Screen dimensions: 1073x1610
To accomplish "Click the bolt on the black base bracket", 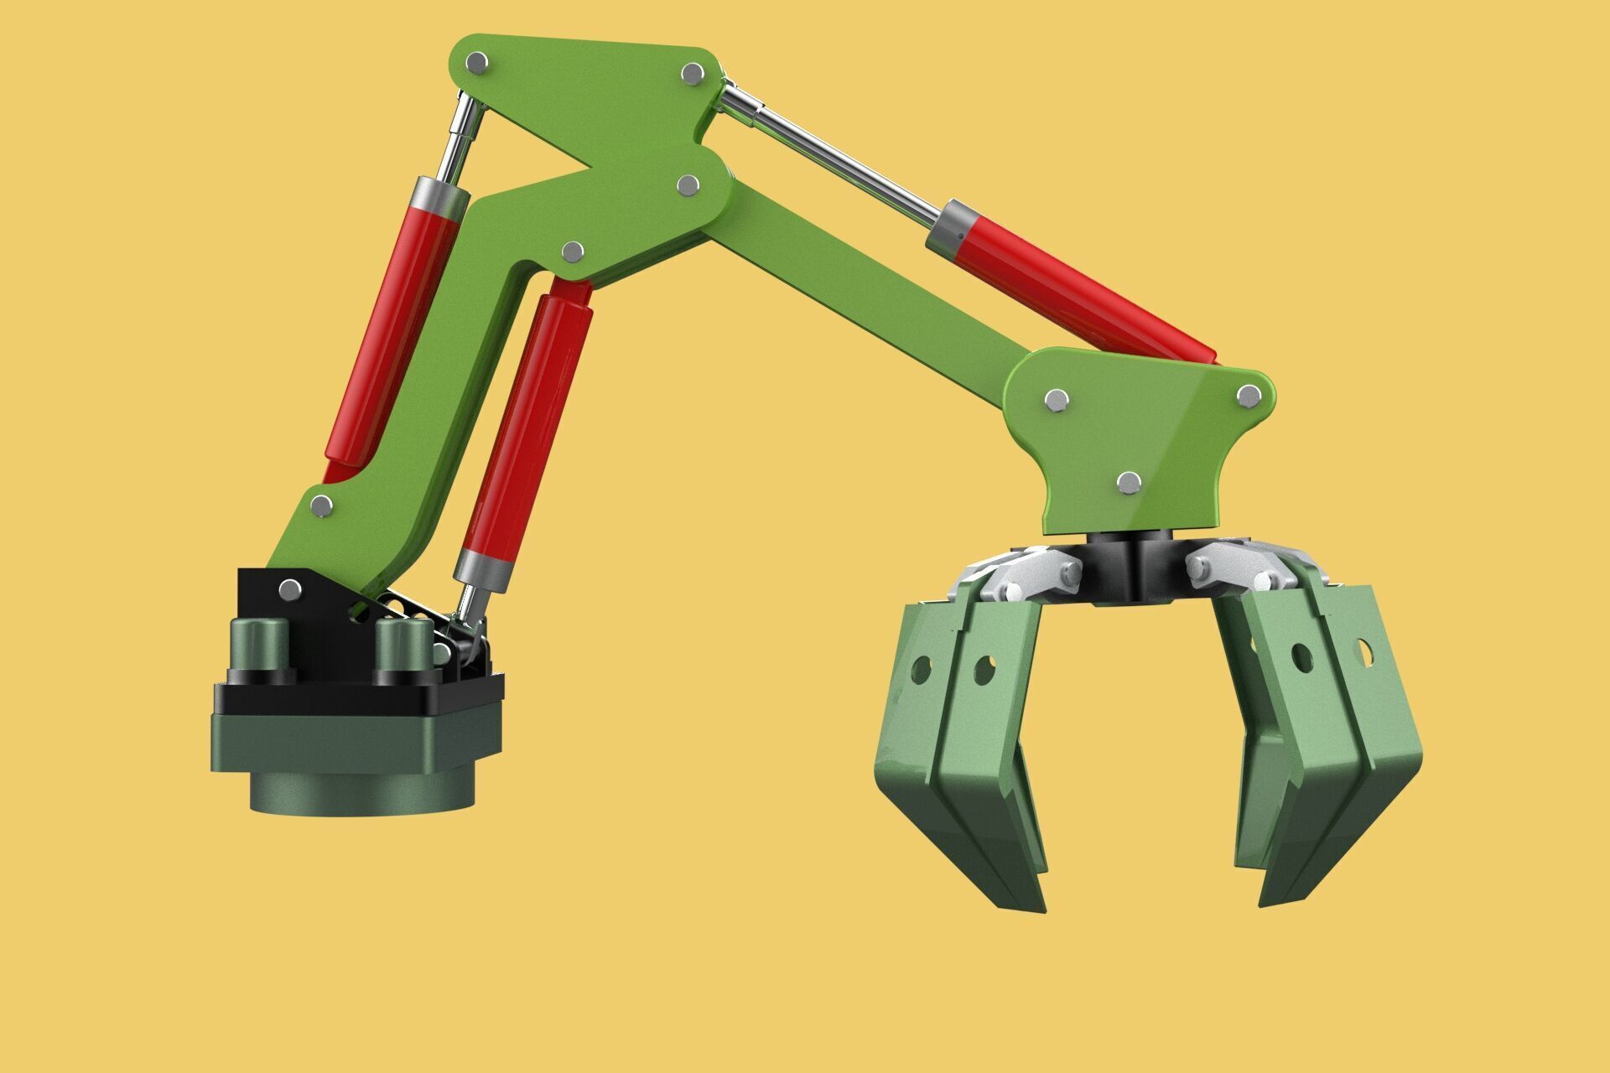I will [289, 589].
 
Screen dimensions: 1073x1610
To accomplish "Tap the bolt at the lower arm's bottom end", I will [321, 505].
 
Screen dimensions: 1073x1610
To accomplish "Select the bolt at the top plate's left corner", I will [476, 63].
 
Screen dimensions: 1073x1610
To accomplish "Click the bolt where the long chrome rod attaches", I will [693, 74].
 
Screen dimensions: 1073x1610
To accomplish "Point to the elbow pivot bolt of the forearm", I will [688, 185].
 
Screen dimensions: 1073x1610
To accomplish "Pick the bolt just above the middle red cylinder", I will [574, 251].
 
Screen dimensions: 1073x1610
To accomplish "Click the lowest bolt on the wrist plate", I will [1130, 482].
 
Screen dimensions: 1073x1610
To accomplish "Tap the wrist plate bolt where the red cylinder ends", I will [1248, 396].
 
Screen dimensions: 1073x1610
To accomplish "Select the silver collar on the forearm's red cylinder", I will [952, 227].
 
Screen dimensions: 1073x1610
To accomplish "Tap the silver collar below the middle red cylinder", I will [483, 568].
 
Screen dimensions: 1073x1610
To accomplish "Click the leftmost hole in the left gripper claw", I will [921, 669].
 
